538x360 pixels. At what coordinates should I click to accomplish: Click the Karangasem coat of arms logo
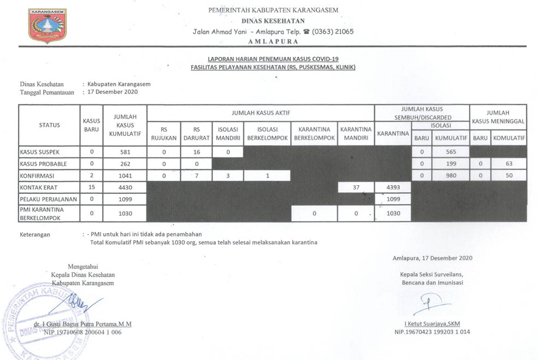[48, 25]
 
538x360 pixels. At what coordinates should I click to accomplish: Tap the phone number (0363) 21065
[333, 31]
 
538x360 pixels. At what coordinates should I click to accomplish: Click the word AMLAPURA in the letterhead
[273, 41]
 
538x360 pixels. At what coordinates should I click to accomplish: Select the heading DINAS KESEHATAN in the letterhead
[273, 21]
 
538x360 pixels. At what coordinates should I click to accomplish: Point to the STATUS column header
[50, 125]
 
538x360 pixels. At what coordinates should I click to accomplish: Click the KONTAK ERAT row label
[39, 187]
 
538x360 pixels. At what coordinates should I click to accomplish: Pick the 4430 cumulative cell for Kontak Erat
[125, 187]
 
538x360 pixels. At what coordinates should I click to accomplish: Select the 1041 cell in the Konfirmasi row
[125, 175]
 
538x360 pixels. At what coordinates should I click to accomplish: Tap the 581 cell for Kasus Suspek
[125, 151]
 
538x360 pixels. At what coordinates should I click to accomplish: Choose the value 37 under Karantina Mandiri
[356, 187]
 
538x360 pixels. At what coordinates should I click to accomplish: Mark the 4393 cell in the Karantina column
[393, 187]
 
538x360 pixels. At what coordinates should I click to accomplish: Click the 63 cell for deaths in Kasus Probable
[509, 163]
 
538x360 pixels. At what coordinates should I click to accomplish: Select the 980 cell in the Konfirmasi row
[451, 175]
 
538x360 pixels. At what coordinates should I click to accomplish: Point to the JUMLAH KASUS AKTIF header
[260, 113]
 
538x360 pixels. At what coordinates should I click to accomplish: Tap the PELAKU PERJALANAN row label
[48, 199]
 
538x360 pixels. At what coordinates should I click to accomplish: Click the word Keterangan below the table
[35, 234]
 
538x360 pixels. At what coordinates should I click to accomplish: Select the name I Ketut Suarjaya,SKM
[432, 323]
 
